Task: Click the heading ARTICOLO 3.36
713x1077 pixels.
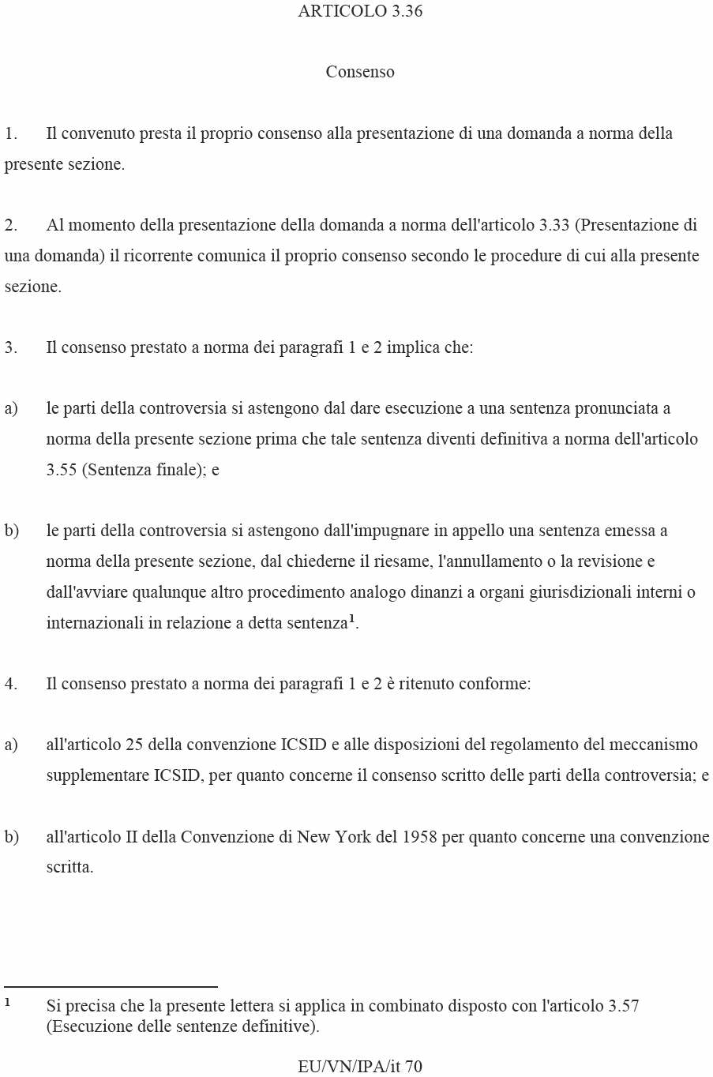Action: click(360, 11)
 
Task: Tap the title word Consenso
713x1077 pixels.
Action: click(360, 72)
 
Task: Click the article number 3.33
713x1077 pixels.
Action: click(554, 225)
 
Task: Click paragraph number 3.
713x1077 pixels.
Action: click(10, 347)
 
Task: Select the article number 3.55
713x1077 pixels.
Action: click(62, 470)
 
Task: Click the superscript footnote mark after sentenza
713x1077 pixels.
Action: click(351, 618)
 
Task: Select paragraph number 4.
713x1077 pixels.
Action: click(10, 684)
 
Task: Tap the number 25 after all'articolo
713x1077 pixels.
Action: click(133, 745)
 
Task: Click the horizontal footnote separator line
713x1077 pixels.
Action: click(111, 986)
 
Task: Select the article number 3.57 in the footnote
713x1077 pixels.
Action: click(623, 1006)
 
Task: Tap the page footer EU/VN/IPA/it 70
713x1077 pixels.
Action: click(360, 1067)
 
